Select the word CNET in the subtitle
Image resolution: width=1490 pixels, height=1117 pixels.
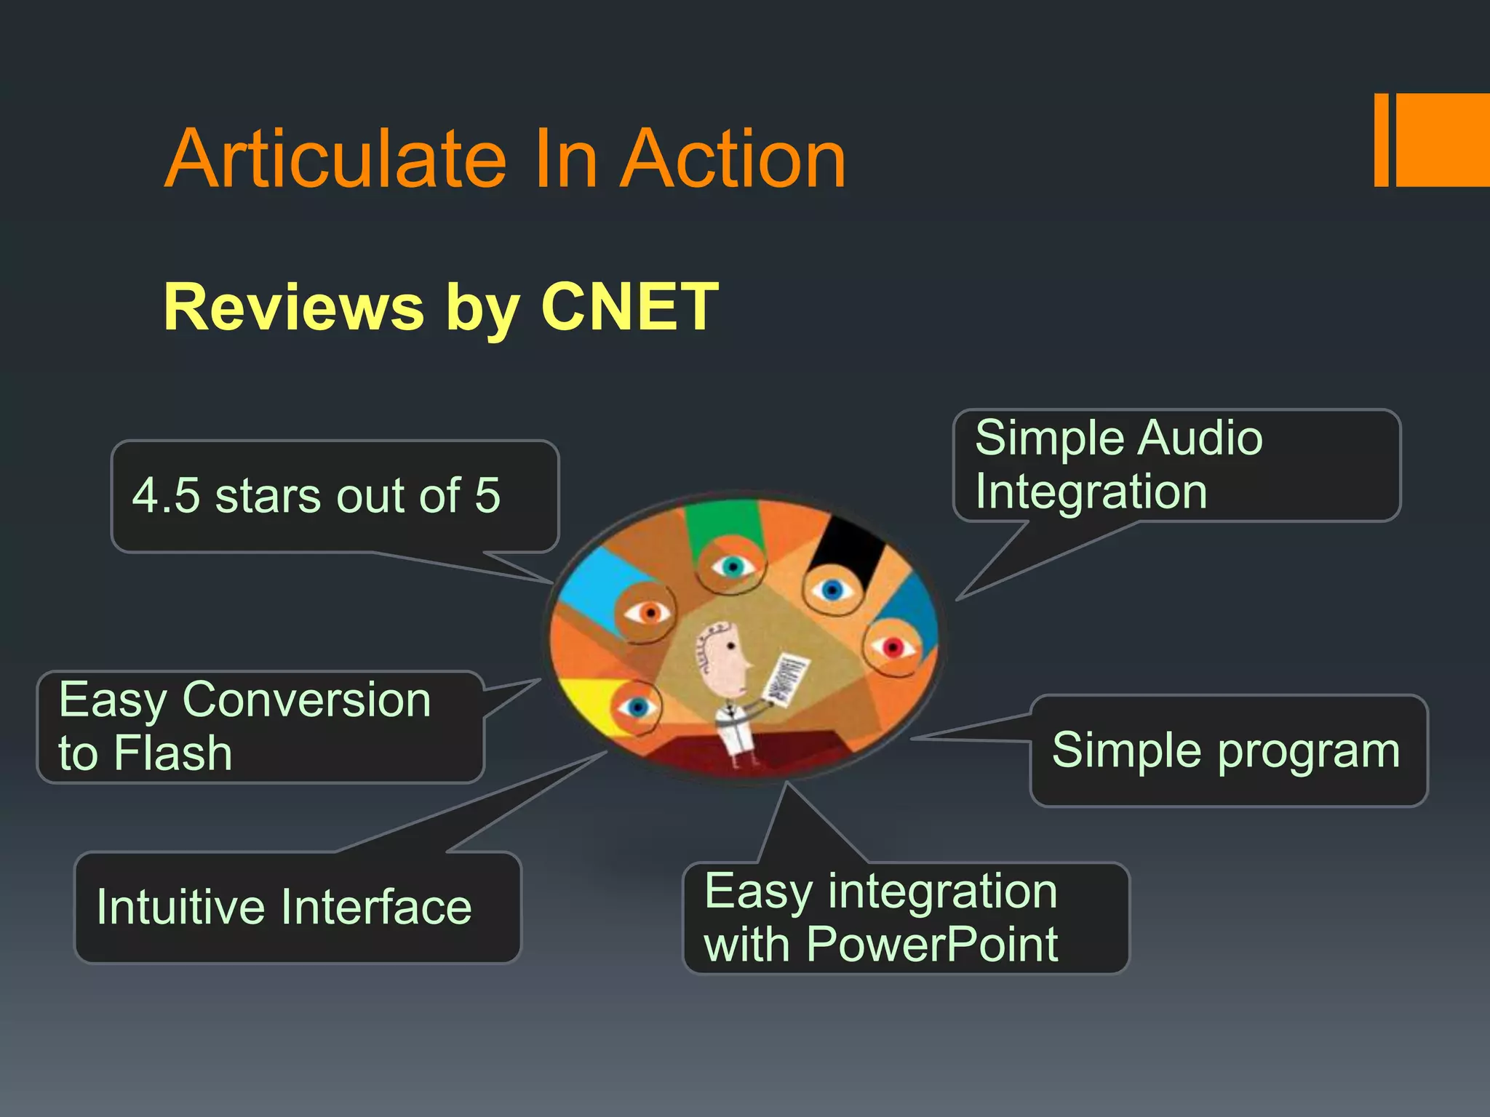pos(629,307)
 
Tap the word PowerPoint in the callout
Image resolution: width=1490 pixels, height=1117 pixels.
pos(932,945)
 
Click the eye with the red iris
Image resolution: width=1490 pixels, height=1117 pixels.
pos(892,646)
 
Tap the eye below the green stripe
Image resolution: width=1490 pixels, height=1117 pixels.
pos(732,566)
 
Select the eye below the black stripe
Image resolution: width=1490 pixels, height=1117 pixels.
pos(832,589)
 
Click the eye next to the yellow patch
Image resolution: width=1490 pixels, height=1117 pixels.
pos(637,706)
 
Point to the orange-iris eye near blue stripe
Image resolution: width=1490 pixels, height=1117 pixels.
pos(648,613)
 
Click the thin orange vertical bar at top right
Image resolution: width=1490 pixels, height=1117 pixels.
pos(1381,140)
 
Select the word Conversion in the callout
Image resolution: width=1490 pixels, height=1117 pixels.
pos(306,700)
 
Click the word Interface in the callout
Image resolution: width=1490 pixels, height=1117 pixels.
pos(376,908)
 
